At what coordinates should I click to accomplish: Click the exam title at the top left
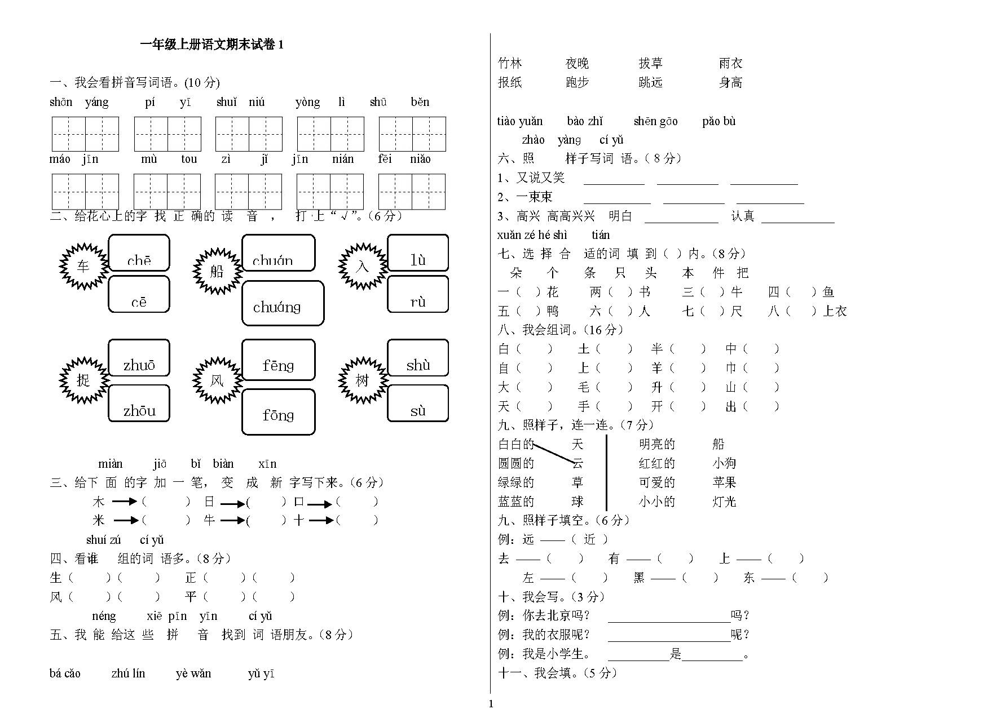click(211, 45)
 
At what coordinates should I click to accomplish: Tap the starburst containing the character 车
click(83, 266)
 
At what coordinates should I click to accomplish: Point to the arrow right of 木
click(125, 501)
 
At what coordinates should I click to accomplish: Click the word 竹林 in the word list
click(510, 63)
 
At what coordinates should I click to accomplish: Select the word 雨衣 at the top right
click(730, 63)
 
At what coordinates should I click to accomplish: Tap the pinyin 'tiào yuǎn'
click(519, 121)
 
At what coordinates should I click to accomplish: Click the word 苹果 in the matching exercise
click(724, 482)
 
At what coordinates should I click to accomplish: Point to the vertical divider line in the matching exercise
click(606, 472)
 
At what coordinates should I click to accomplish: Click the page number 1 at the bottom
click(491, 703)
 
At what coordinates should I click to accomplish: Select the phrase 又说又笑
click(540, 178)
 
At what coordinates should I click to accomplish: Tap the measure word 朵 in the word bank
click(515, 273)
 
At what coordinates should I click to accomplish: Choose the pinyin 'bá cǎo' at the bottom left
click(65, 673)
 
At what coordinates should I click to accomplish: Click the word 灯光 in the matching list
click(724, 502)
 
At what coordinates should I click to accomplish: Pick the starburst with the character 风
click(217, 381)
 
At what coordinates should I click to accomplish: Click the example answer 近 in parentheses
click(589, 539)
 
